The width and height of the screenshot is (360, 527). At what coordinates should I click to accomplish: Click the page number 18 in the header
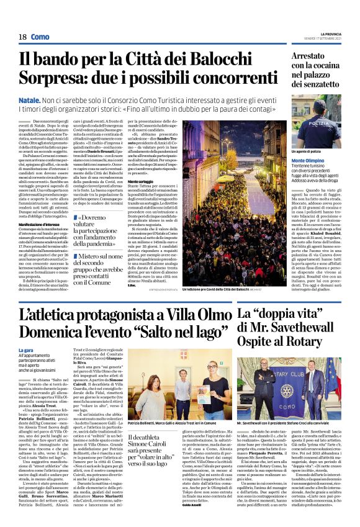pyautogui.click(x=22, y=37)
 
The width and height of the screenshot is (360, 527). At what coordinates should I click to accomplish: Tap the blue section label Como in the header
pyautogui.click(x=40, y=37)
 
